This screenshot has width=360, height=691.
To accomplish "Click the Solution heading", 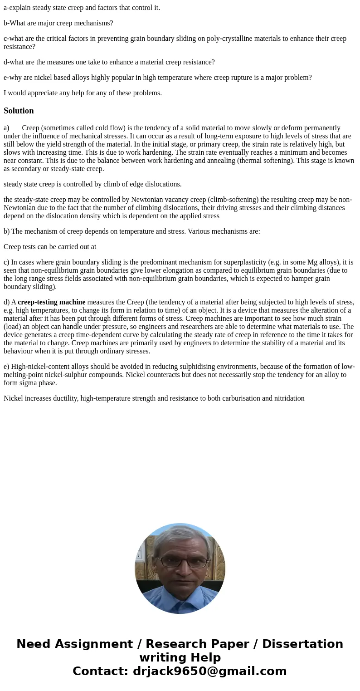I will click(x=19, y=111).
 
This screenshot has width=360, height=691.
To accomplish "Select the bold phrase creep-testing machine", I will click(x=51, y=302).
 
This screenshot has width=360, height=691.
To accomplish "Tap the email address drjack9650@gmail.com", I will click(x=209, y=671).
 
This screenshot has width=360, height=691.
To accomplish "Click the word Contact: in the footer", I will click(x=100, y=671).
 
